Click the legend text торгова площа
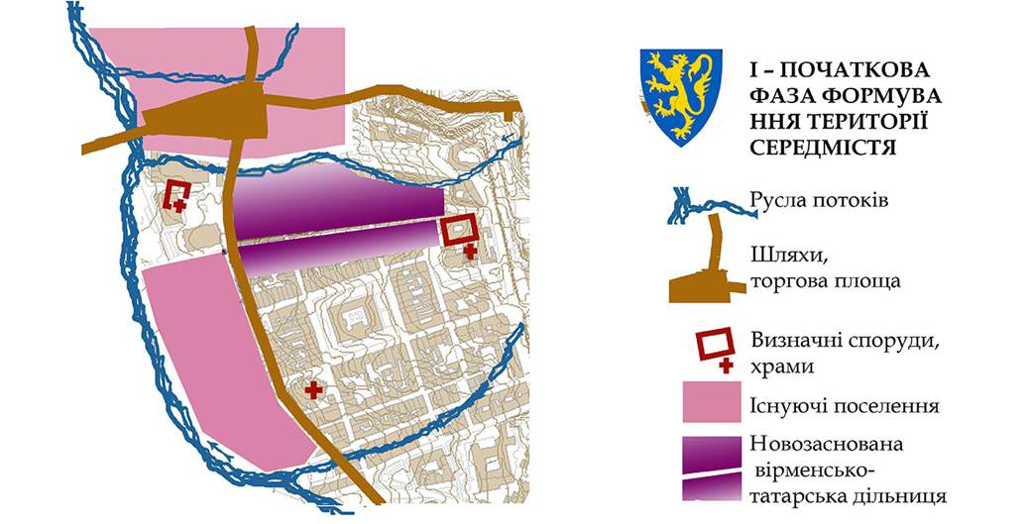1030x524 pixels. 825,281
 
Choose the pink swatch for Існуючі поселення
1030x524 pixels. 711,406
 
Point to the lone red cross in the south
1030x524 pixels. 315,389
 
